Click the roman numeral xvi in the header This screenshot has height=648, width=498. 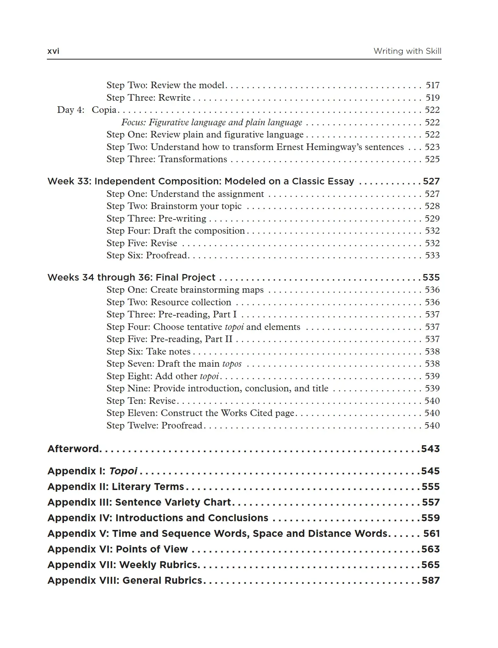[x=53, y=51]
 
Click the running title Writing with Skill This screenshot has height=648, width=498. [x=407, y=51]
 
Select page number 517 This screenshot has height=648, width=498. [x=432, y=85]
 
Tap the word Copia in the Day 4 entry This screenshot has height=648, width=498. [x=104, y=110]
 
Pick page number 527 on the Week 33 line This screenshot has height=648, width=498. [x=431, y=181]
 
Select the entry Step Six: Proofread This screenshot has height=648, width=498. [x=147, y=255]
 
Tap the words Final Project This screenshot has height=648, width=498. [x=185, y=277]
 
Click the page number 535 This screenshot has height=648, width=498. [x=431, y=277]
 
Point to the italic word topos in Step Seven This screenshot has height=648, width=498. [x=232, y=364]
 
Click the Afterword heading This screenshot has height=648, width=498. [x=74, y=449]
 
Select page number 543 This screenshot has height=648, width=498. [x=430, y=449]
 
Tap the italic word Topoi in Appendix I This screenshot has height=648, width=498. [x=123, y=471]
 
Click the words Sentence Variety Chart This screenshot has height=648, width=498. [x=173, y=502]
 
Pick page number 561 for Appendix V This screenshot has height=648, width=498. [x=431, y=533]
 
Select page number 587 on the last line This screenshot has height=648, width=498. [x=431, y=580]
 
